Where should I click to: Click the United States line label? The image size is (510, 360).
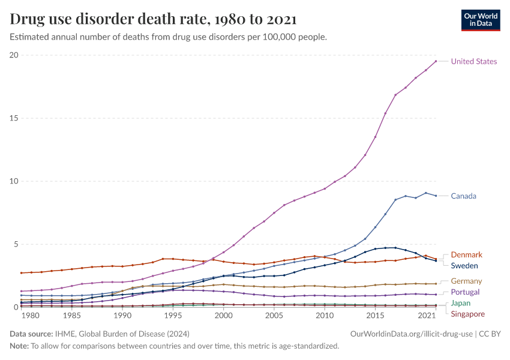(x=473, y=61)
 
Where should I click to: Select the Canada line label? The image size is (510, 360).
(x=464, y=196)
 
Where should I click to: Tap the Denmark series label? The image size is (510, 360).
(x=466, y=255)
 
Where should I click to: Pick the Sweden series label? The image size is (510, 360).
(x=464, y=266)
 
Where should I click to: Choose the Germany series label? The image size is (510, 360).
(x=466, y=281)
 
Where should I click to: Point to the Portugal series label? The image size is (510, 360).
(x=466, y=292)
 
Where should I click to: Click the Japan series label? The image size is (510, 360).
(x=461, y=303)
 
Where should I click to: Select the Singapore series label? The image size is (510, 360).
(x=467, y=314)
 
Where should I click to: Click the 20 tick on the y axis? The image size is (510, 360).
(x=14, y=55)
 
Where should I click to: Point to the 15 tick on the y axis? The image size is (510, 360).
(x=14, y=118)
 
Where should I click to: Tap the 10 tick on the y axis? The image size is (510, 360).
(x=14, y=181)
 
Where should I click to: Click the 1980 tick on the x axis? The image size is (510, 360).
(x=31, y=316)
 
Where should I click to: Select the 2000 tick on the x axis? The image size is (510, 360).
(x=223, y=316)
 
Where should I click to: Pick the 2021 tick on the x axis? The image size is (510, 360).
(x=427, y=316)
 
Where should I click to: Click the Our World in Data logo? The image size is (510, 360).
(x=480, y=20)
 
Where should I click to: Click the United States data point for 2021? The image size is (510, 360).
(x=436, y=61)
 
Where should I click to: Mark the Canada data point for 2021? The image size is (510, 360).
(x=436, y=196)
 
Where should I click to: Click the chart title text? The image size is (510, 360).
(x=153, y=19)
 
